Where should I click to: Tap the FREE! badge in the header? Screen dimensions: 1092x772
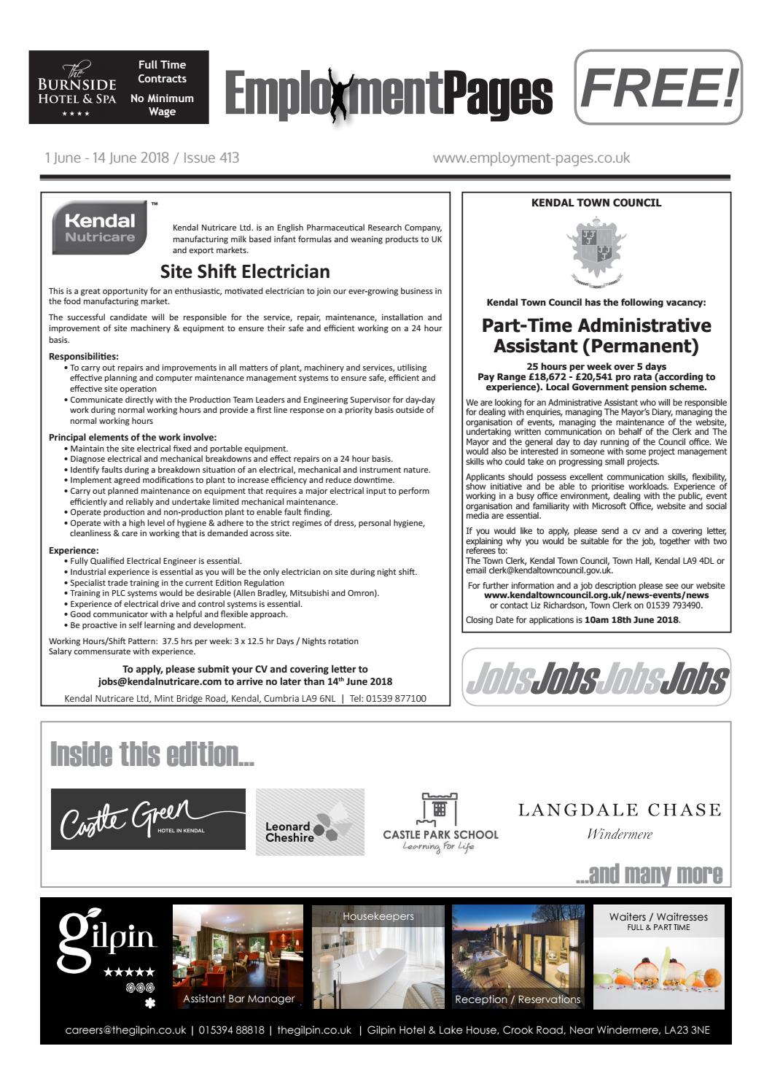[658, 87]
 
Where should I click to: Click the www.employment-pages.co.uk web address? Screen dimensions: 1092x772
[531, 158]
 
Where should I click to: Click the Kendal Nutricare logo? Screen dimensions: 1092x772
[100, 228]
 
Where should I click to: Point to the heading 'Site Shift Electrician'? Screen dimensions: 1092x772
[245, 271]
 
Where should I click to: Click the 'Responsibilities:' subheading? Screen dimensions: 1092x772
[83, 357]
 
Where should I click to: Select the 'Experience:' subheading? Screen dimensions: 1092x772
[74, 550]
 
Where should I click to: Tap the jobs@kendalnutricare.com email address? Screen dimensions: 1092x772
[160, 681]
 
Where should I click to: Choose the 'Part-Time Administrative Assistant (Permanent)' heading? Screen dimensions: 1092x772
[596, 336]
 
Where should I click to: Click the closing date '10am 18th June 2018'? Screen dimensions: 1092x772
[631, 620]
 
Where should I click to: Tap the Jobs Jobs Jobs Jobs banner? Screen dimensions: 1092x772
[596, 678]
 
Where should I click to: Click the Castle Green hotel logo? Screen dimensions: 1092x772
[148, 819]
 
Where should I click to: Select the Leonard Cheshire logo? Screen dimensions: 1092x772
[310, 822]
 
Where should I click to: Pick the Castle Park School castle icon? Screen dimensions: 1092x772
[440, 809]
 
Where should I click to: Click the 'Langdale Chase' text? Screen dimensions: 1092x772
[620, 810]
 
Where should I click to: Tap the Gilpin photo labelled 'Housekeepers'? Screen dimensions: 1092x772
[378, 957]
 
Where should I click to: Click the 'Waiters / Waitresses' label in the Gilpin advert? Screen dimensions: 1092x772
[658, 917]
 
